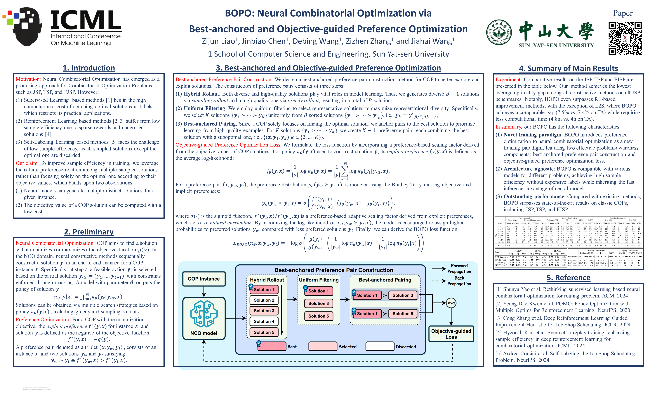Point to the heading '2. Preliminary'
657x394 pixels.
pyautogui.click(x=89, y=232)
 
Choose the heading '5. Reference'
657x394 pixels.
pyautogui.click(x=568, y=277)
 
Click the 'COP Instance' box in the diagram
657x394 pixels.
pyautogui.click(x=204, y=279)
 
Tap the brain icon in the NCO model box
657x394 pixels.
pyautogui.click(x=204, y=314)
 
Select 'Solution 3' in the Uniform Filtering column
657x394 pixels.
pyautogui.click(x=318, y=303)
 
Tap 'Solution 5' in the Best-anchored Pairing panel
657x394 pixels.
pyautogui.click(x=403, y=314)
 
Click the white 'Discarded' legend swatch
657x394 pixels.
pyautogui.click(x=380, y=346)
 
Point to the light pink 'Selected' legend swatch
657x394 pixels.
pyautogui.click(x=323, y=346)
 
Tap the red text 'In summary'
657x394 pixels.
pyautogui.click(x=508, y=127)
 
